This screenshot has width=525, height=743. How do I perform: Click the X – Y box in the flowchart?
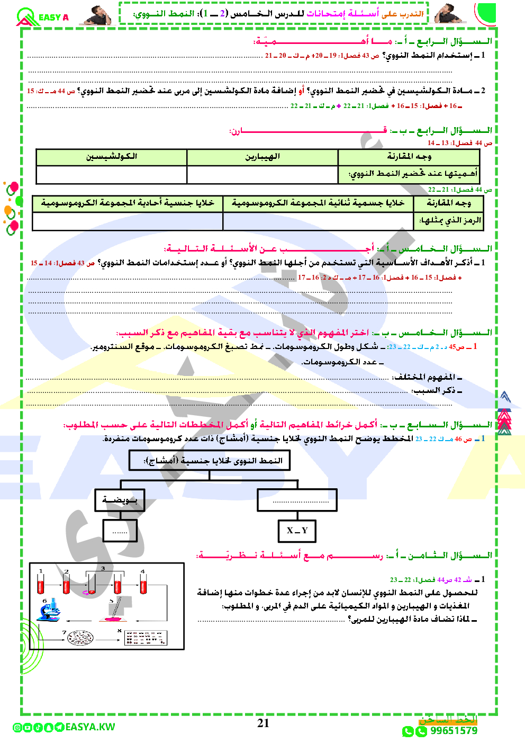pyautogui.click(x=297, y=531)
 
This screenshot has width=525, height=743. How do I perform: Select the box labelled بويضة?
pyautogui.click(x=120, y=500)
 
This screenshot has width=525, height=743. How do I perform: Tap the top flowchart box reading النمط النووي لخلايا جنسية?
pyautogui.click(x=210, y=460)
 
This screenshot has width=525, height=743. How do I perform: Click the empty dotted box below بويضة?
pyautogui.click(x=120, y=531)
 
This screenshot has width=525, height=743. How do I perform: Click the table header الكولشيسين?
pyautogui.click(x=112, y=157)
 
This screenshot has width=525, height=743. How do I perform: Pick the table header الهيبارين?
pyautogui.click(x=262, y=157)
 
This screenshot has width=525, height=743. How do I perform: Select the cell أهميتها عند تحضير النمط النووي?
pyautogui.click(x=409, y=174)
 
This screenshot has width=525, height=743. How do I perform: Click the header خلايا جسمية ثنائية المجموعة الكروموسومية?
pyautogui.click(x=318, y=203)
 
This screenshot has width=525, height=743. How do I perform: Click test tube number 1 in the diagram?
pyautogui.click(x=41, y=584)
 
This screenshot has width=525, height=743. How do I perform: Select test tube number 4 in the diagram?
pyautogui.click(x=143, y=584)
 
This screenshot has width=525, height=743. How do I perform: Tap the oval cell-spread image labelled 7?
pyautogui.click(x=80, y=638)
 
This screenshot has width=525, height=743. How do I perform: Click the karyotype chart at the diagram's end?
pyautogui.click(x=146, y=638)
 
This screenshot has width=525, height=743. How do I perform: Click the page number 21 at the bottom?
pyautogui.click(x=263, y=723)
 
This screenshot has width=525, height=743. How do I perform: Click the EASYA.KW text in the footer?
pyautogui.click(x=90, y=727)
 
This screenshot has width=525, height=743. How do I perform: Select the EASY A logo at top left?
pyautogui.click(x=42, y=17)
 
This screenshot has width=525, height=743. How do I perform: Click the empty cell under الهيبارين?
pyautogui.click(x=262, y=174)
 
